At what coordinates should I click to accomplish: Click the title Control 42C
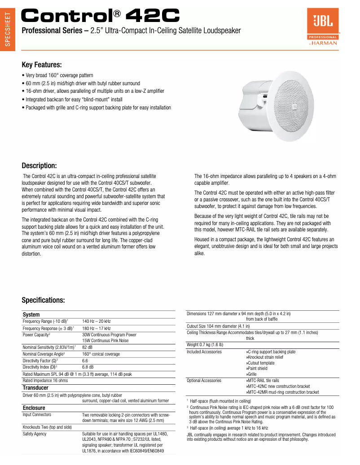[101, 16]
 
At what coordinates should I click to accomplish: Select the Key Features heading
[42, 65]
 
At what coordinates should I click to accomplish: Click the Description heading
[39, 165]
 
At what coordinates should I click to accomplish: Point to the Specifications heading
[44, 300]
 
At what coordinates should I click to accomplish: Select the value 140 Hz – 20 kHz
[96, 322]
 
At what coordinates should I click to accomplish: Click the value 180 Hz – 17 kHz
[96, 328]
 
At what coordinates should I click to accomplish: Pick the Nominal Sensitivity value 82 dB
[87, 347]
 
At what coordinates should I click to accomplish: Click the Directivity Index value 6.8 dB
[88, 367]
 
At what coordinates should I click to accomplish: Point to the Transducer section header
[35, 387]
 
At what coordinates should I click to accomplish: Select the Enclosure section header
[34, 408]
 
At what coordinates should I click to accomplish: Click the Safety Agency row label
[35, 434]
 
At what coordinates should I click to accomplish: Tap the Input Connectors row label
[37, 415]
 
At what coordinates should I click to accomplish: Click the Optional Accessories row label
[204, 380]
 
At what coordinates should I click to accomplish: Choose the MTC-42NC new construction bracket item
[278, 386]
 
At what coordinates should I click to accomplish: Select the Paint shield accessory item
[256, 368]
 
